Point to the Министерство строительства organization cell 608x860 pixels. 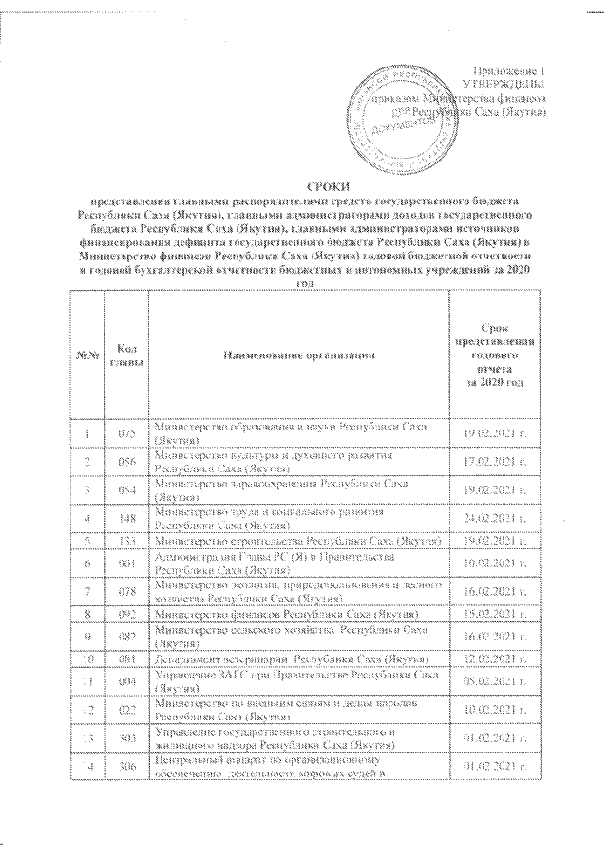coord(297,541)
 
